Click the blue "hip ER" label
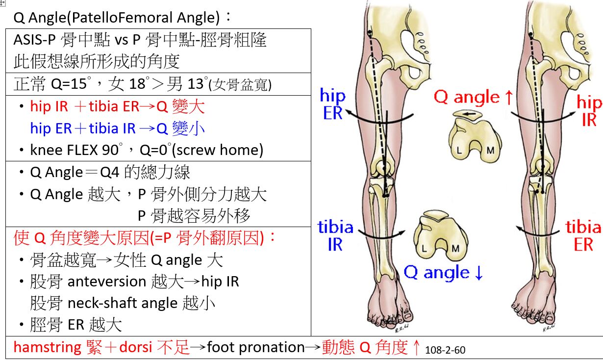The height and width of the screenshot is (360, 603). coord(332,104)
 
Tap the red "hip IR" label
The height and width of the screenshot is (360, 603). coord(589,111)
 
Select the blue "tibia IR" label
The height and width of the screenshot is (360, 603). coord(335,235)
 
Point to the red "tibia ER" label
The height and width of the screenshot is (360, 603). coord(583,235)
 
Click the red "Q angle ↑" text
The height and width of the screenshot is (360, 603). coord(474,97)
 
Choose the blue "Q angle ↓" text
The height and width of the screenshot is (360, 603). coord(444,273)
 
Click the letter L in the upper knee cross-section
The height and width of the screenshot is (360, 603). coord(459,150)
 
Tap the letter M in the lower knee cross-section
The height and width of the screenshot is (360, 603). coord(455,248)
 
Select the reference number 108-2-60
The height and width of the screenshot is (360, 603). coord(446,350)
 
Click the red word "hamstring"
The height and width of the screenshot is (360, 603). coord(47,348)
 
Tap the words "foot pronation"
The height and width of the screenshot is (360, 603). coord(255,348)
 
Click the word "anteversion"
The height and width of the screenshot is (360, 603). coord(107,282)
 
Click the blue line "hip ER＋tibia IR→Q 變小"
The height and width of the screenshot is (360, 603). coord(117,129)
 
